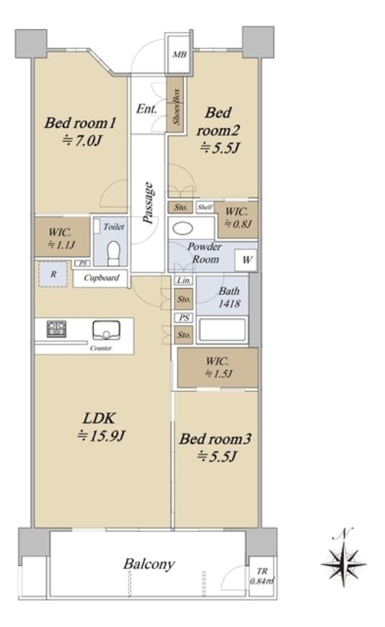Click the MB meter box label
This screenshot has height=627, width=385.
pos(180,55)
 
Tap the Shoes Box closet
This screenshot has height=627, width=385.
pos(175,105)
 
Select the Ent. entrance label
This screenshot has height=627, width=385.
pos(146,108)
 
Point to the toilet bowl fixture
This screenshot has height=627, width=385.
pos(114,253)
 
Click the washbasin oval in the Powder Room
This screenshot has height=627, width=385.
pos(183,228)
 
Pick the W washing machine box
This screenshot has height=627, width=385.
pos(246,261)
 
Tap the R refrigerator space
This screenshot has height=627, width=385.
pos(53,274)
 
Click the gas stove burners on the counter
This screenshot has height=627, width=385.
pos(56,329)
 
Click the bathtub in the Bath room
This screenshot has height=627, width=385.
pos(221,331)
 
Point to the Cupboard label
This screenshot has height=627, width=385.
pos(101,277)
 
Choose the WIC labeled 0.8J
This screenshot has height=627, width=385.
pos(237,219)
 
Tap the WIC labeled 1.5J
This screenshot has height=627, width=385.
pos(218,368)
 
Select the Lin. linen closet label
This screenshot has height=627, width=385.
pos(184,280)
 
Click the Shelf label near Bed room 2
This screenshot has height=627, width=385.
pos(205,207)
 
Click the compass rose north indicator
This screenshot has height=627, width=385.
pos(343,560)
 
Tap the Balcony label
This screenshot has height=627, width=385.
pos(149,564)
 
